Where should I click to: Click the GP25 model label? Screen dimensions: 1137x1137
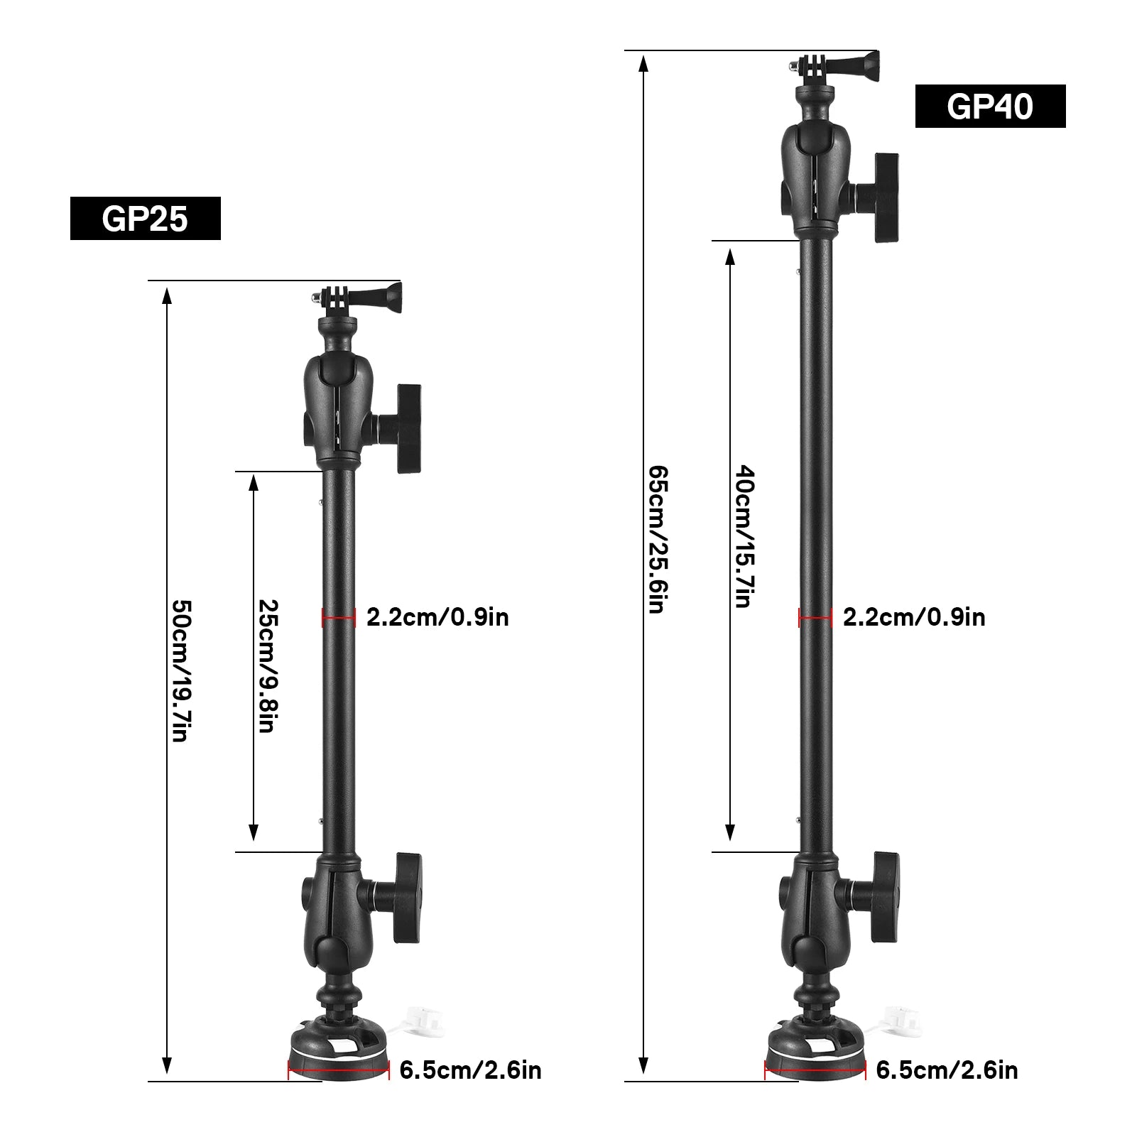point(145,219)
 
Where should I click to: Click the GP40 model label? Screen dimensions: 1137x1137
point(990,107)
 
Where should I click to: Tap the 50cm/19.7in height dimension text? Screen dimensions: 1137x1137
point(183,671)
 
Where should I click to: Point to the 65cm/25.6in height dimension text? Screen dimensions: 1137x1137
point(658,540)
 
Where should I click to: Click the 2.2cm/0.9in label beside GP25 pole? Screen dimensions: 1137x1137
point(437,617)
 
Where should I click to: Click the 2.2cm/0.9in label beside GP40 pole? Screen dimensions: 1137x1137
point(914,617)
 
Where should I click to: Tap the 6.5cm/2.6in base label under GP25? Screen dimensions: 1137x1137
point(470,1070)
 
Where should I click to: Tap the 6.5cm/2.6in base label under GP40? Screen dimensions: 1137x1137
point(947,1070)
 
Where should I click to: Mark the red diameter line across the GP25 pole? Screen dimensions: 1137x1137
point(338,618)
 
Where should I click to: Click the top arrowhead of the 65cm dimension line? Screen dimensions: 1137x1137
point(643,64)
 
